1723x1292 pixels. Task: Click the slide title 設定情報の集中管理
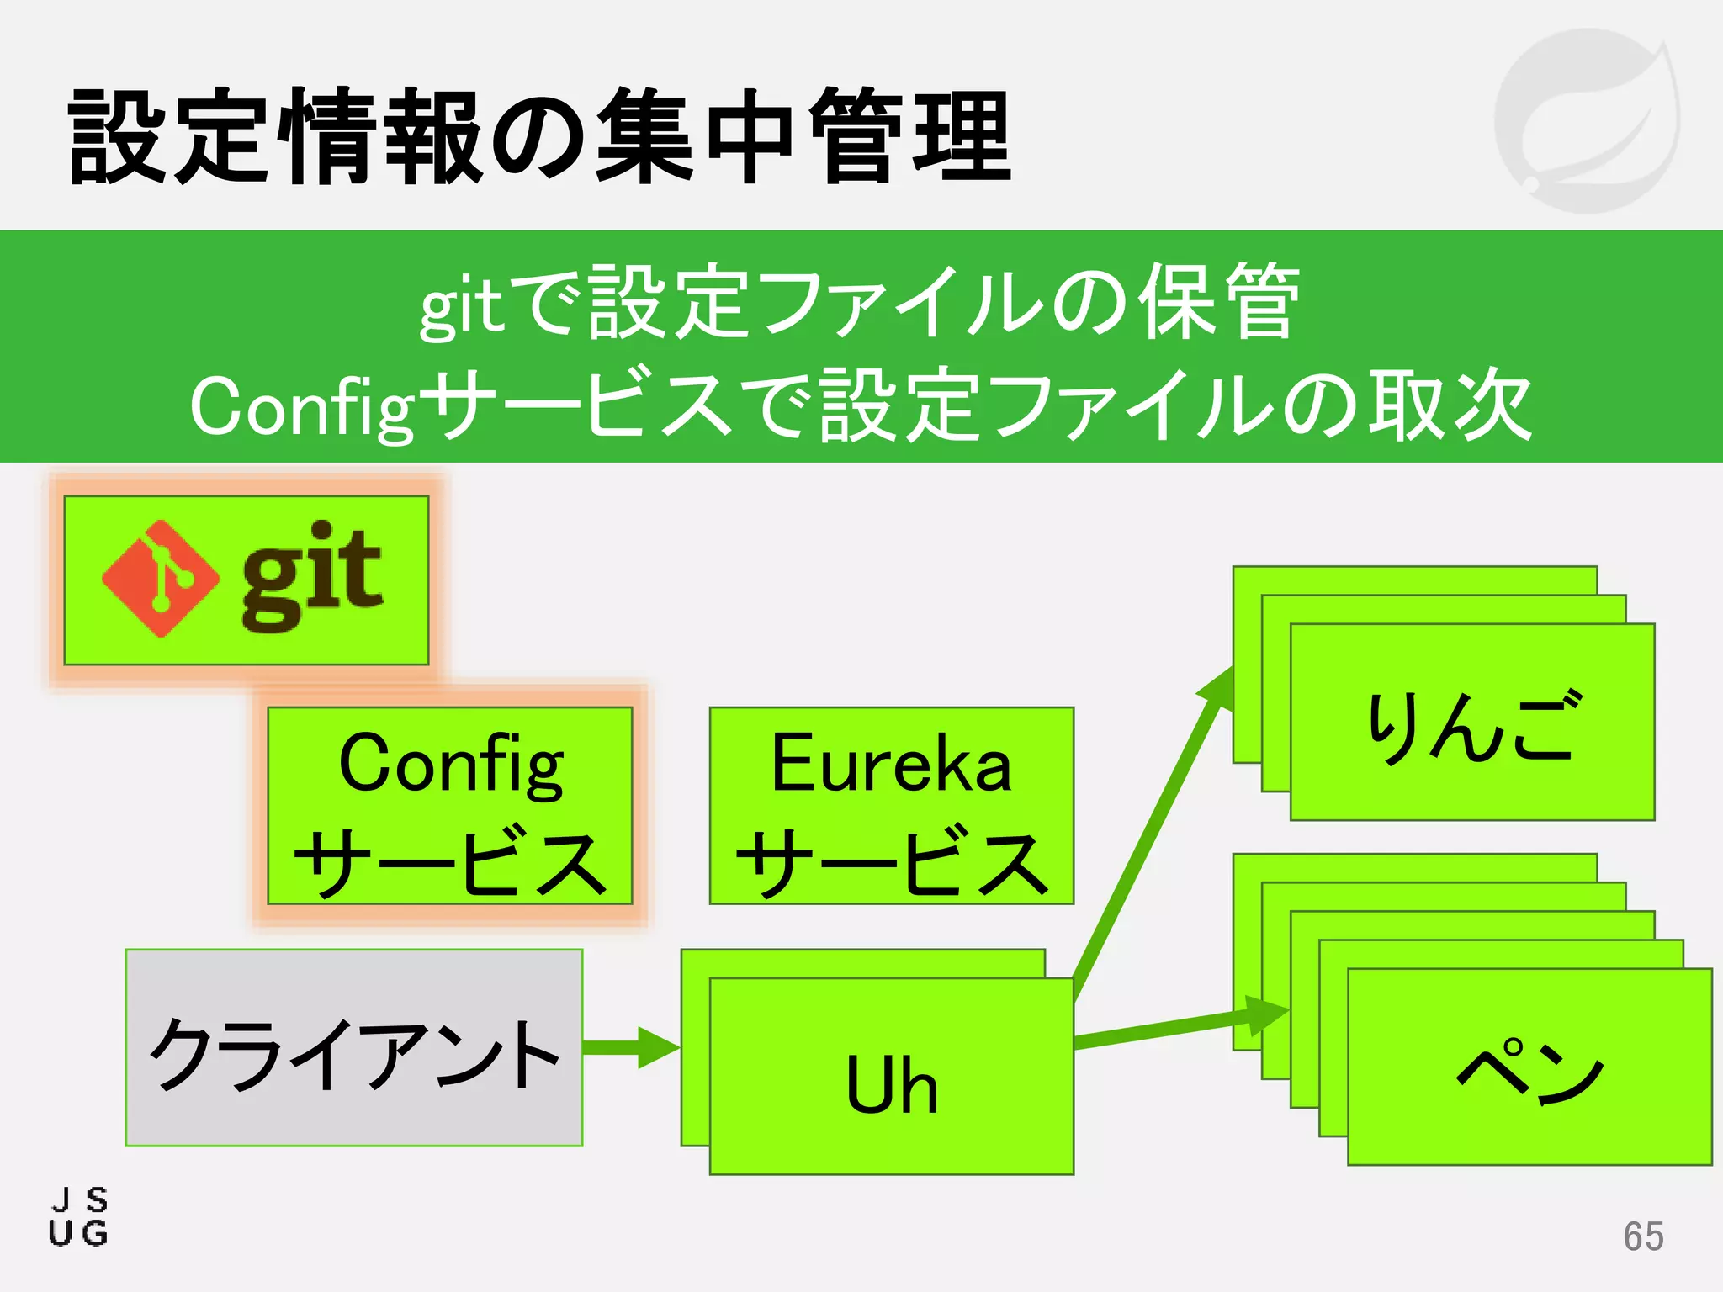point(538,136)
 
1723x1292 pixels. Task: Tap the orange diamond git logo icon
point(160,579)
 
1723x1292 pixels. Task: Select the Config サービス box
point(450,806)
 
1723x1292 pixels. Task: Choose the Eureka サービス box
point(892,806)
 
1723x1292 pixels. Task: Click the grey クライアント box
point(354,1048)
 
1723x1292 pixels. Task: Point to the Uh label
point(892,1085)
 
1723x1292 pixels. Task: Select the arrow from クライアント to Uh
point(631,1048)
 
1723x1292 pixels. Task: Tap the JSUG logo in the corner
point(79,1216)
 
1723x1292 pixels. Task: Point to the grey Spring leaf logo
point(1587,119)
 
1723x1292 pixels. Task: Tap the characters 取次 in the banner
point(1449,405)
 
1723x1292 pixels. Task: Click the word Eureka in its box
point(892,763)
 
